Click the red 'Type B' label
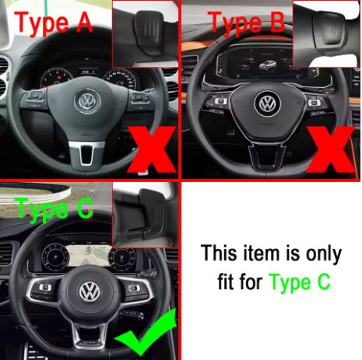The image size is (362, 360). pyautogui.click(x=247, y=23)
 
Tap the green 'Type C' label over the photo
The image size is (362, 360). pyautogui.click(x=54, y=209)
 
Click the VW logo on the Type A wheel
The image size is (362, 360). pyautogui.click(x=87, y=101)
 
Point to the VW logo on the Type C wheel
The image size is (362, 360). pyautogui.click(x=90, y=292)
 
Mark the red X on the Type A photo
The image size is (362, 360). pyautogui.click(x=151, y=149)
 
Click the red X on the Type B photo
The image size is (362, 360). pyautogui.click(x=331, y=149)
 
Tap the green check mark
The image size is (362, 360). pyautogui.click(x=146, y=332)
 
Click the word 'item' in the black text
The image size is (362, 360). pyautogui.click(x=261, y=253)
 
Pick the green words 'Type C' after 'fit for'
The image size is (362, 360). pyautogui.click(x=300, y=282)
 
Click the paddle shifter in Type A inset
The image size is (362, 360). pyautogui.click(x=149, y=33)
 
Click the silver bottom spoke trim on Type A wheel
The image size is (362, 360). pyautogui.click(x=86, y=154)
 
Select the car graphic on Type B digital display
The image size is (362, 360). pyautogui.click(x=267, y=65)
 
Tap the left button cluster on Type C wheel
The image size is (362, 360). pyautogui.click(x=44, y=290)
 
